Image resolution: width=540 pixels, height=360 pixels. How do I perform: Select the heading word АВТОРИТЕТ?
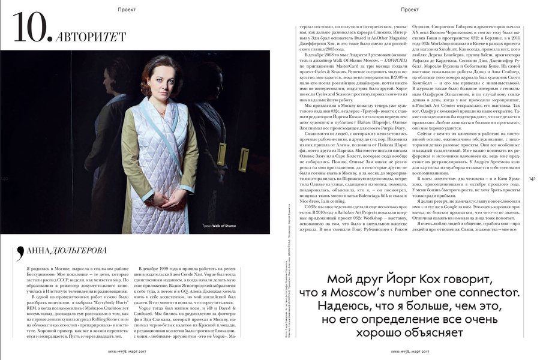coord(84,37)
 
